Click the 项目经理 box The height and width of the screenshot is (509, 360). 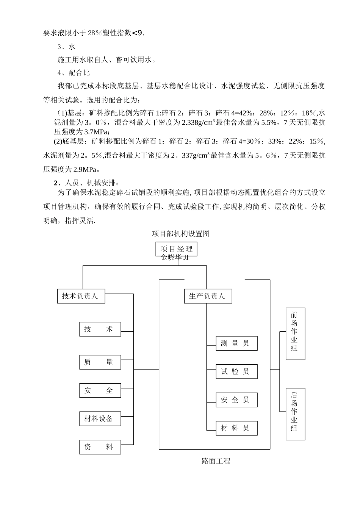pyautogui.click(x=176, y=249)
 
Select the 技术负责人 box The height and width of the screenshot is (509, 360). pyautogui.click(x=80, y=296)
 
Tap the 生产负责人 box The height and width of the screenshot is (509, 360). pyautogui.click(x=207, y=296)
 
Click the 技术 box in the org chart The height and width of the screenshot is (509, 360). pyautogui.click(x=100, y=329)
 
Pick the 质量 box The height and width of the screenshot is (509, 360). pyautogui.click(x=100, y=362)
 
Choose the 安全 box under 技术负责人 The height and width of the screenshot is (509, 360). pyautogui.click(x=100, y=390)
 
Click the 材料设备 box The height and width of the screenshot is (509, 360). pyautogui.click(x=100, y=418)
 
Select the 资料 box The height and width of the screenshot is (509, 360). pyautogui.click(x=100, y=447)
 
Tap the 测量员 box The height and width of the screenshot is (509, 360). pyautogui.click(x=236, y=343)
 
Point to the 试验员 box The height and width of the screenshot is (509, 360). pyautogui.click(x=236, y=372)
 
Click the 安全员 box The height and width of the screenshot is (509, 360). pyautogui.click(x=236, y=400)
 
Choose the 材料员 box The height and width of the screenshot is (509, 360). pyautogui.click(x=236, y=428)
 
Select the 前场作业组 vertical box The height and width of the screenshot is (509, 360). pyautogui.click(x=295, y=333)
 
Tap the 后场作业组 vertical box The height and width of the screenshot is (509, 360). pyautogui.click(x=295, y=414)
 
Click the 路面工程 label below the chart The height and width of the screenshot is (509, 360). pyautogui.click(x=216, y=461)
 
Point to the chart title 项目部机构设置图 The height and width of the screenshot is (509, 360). pyautogui.click(x=181, y=234)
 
